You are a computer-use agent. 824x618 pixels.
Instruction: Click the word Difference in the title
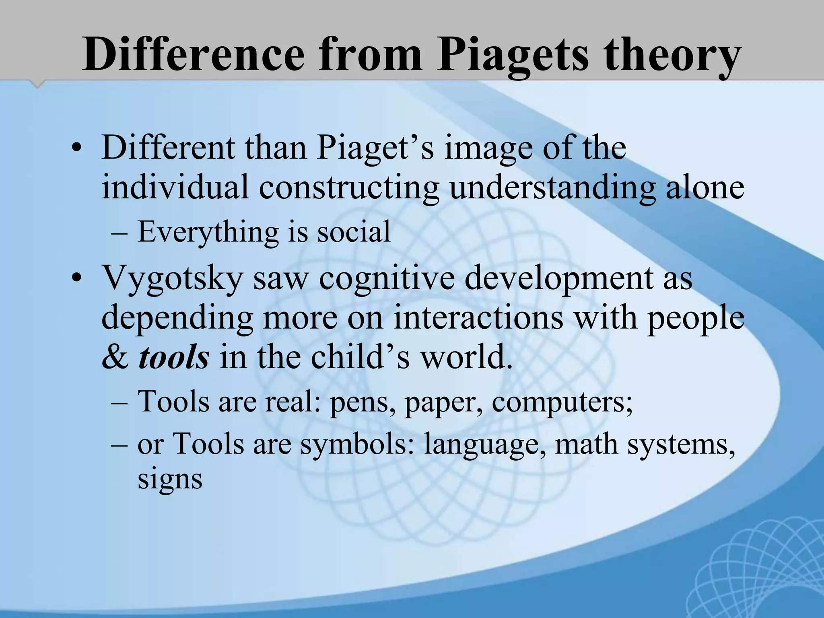(x=194, y=54)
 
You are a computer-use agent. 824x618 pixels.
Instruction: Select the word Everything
(x=208, y=233)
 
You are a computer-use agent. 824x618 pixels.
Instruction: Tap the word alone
(x=705, y=187)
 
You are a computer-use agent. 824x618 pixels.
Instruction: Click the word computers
(x=562, y=402)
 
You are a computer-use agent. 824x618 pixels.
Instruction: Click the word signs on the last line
(x=170, y=479)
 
